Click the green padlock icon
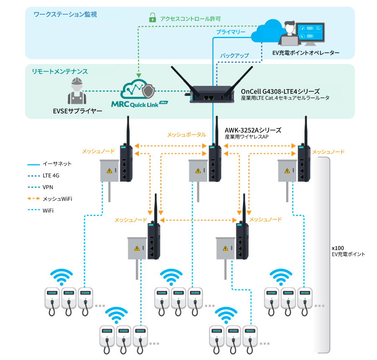coord(152,18)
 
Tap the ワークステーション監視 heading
coord(65,15)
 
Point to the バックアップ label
coord(234,55)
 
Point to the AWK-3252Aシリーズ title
coord(253,130)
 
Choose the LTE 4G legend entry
coord(51,175)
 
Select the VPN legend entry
coord(48,187)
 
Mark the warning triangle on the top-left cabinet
coord(110,170)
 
